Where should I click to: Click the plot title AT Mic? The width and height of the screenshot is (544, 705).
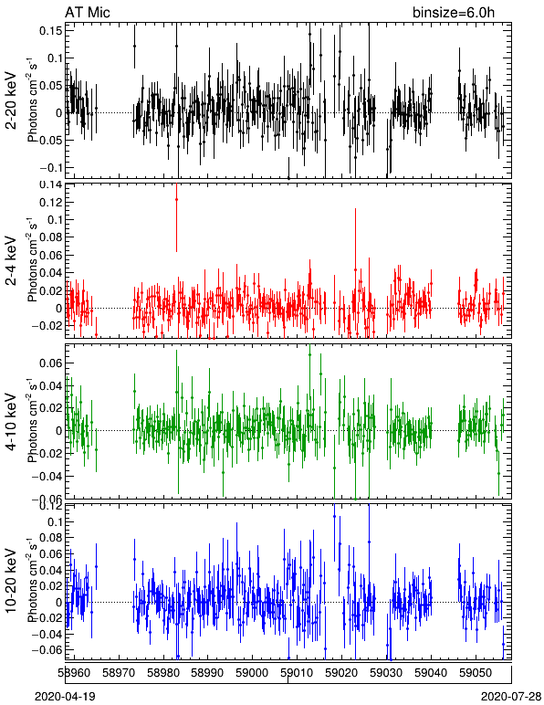coord(87,12)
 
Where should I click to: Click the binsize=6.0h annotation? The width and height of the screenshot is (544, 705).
coord(454,12)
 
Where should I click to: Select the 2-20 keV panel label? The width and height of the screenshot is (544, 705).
coord(11,100)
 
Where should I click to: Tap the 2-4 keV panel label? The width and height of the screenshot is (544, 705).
coord(11,261)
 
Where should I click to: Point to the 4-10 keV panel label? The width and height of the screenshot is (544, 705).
coord(11,421)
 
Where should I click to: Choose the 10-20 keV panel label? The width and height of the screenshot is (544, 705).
coord(11,581)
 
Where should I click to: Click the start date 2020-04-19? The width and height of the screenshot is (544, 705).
coord(65,697)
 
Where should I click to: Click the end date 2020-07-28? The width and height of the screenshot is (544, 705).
coord(511,697)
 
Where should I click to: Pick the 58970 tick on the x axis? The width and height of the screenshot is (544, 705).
coord(119,673)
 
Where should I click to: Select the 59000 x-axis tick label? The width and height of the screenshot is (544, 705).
coord(253,673)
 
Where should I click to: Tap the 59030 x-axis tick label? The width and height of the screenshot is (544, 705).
coord(387,673)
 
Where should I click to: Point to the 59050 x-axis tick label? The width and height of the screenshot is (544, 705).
coord(476,673)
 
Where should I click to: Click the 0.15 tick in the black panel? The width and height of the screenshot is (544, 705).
coord(51,30)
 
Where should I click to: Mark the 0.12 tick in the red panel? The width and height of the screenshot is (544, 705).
coord(51,203)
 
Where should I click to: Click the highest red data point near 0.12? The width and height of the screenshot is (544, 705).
coord(176,200)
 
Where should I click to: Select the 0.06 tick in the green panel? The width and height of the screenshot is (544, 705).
coord(51,363)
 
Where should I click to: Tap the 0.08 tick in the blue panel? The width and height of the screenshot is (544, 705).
coord(51,538)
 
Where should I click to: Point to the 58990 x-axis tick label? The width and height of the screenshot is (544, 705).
coord(208,673)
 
